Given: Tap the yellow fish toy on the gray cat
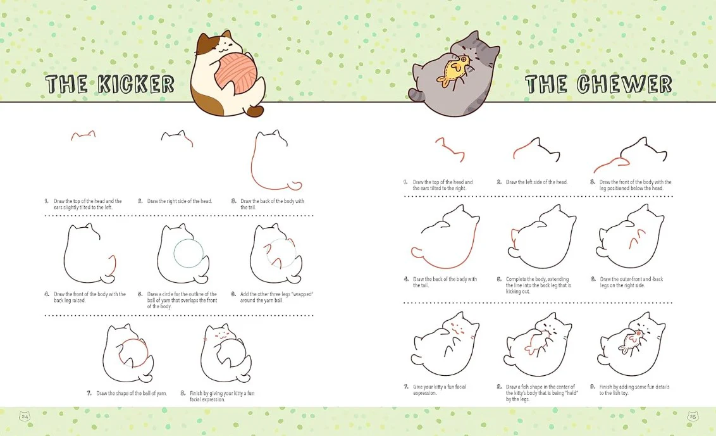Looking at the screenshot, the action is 454,71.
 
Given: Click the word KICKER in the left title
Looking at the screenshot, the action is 136,84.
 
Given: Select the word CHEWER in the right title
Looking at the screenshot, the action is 624,84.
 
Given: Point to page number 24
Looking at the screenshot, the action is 25,416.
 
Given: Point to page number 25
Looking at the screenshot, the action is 693,416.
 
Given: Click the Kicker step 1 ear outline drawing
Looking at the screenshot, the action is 83,135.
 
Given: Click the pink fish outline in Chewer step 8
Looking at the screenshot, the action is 537,344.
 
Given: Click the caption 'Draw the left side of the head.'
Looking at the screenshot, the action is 536,182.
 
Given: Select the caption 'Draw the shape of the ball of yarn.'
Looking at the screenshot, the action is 132,393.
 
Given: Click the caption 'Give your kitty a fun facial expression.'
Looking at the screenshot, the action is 440,390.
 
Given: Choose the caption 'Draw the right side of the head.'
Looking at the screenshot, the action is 180,201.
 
